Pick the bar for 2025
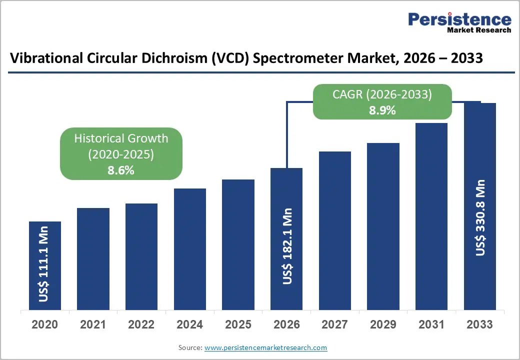click(238, 244)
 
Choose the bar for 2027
click(335, 230)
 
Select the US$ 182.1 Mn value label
click(286, 246)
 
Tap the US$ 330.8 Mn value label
click(480, 217)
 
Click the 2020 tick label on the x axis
click(44, 324)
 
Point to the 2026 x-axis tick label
click(286, 324)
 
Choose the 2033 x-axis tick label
click(480, 324)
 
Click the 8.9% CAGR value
click(382, 110)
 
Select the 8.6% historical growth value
click(121, 170)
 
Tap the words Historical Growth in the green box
click(121, 138)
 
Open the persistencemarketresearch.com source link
click(266, 347)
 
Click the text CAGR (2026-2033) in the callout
click(382, 94)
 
